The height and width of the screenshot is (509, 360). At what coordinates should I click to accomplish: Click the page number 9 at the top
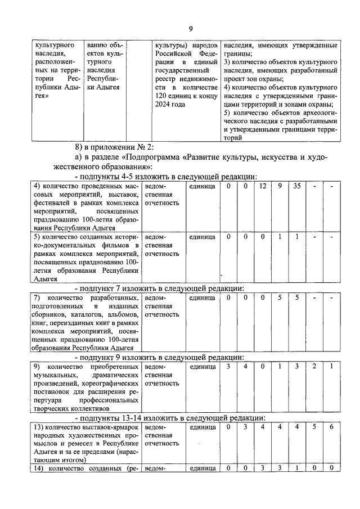191,29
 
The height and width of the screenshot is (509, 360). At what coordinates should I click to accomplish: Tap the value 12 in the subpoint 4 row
262,187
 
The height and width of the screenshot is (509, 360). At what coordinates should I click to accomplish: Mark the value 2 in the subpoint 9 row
314,367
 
